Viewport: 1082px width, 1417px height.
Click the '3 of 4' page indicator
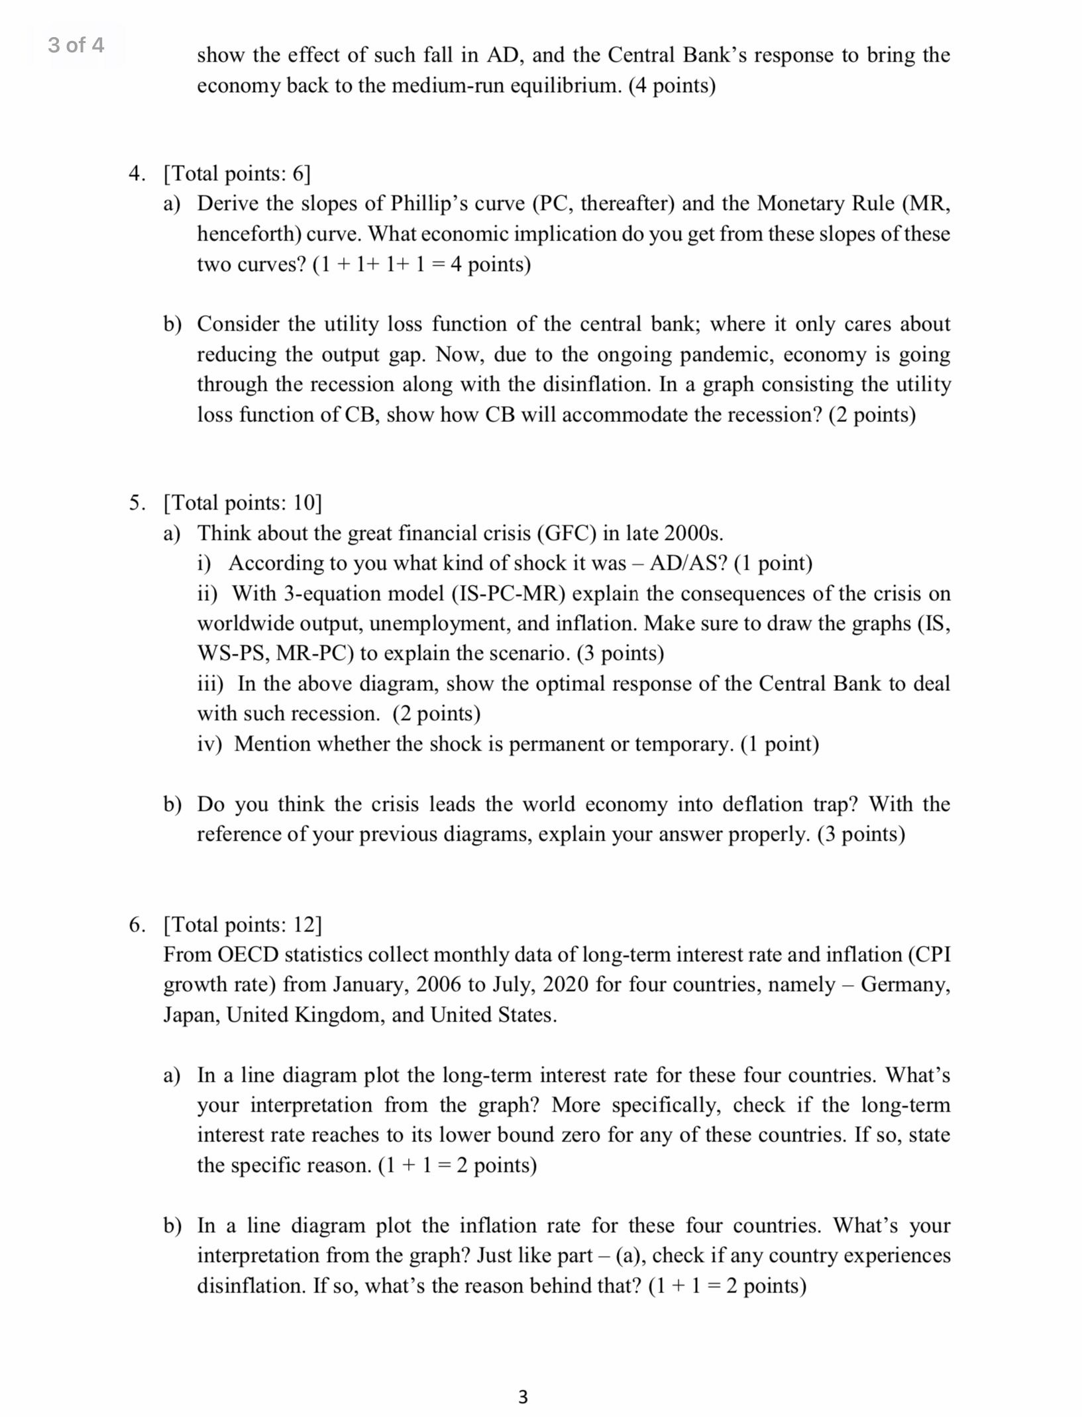[x=76, y=45]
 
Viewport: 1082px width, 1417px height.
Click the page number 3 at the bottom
[x=523, y=1397]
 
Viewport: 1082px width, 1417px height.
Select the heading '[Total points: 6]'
[x=237, y=174]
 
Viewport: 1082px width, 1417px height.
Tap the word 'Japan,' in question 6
[x=192, y=1015]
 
